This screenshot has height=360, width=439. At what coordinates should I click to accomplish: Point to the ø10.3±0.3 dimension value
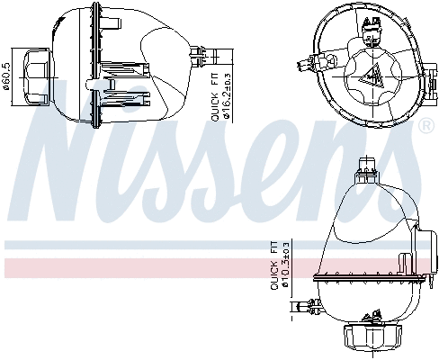pyautogui.click(x=285, y=266)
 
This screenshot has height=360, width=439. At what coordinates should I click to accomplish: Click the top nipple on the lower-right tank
pyautogui.click(x=366, y=165)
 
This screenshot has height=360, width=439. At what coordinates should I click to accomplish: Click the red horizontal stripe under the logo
pyautogui.click(x=135, y=266)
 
